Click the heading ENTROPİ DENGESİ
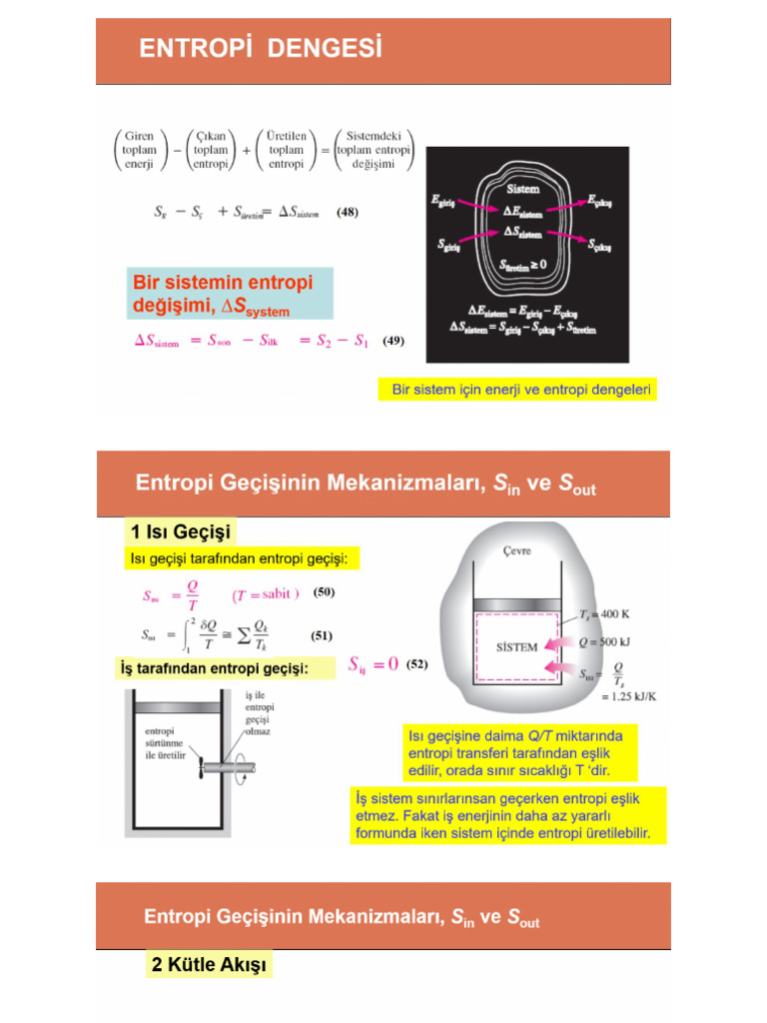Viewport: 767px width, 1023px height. [260, 48]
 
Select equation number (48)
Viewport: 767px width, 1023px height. [347, 212]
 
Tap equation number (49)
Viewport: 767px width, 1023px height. [392, 341]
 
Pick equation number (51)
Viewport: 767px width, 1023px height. [322, 634]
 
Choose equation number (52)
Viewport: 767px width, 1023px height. [416, 663]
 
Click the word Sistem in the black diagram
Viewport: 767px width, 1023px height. [523, 188]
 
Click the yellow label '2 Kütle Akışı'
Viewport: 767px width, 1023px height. [209, 965]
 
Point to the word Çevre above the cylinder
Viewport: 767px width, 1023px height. [515, 551]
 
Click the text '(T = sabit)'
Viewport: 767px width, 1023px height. [266, 594]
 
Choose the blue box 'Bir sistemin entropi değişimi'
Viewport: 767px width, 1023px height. [230, 293]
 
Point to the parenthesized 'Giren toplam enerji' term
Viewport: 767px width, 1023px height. [139, 150]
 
